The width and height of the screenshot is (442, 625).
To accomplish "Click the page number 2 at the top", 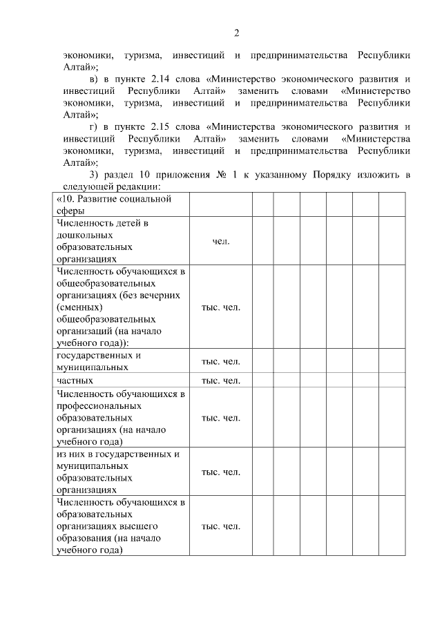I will click(236, 32).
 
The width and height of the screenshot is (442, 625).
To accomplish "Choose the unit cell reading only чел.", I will click(220, 241).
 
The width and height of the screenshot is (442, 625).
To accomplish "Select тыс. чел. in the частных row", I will click(220, 380).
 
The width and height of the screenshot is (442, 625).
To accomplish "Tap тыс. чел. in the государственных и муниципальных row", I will click(220, 362).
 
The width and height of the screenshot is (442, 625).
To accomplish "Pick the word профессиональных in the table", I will click(102, 405).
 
